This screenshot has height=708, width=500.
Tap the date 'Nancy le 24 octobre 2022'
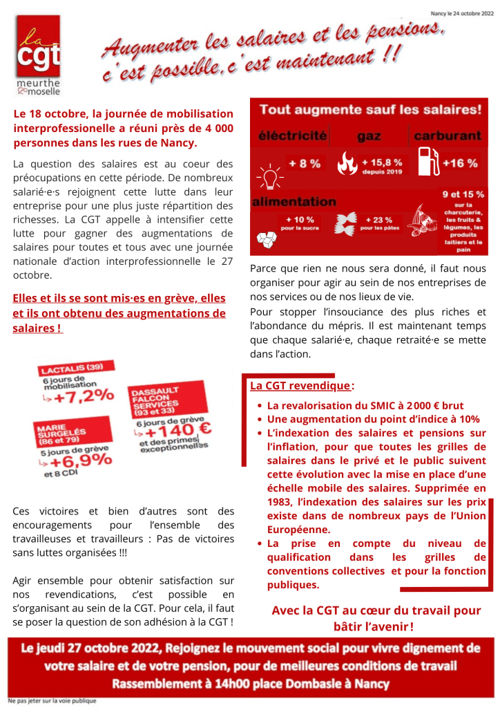click(461, 13)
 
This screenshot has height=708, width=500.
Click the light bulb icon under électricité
click(269, 175)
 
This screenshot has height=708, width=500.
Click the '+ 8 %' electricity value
click(304, 164)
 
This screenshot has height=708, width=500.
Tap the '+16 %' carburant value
click(460, 163)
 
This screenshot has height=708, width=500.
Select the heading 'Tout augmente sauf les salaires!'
click(370, 110)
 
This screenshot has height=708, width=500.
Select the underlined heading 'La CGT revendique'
click(300, 386)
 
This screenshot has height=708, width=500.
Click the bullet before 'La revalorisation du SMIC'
click(258, 407)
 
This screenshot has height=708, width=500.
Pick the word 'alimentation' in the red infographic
click(294, 202)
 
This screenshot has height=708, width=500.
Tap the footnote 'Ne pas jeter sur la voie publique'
click(52, 700)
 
